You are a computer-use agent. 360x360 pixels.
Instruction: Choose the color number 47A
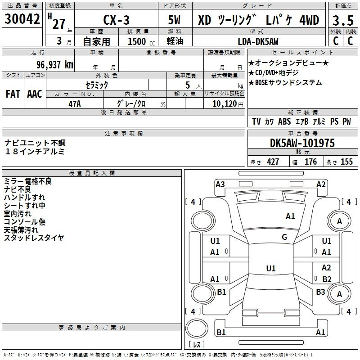click(x=74, y=103)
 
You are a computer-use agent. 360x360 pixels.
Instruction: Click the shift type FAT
click(x=13, y=94)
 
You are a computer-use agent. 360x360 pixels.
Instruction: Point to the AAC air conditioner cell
click(x=34, y=94)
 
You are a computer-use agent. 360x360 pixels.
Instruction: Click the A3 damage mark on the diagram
click(x=220, y=184)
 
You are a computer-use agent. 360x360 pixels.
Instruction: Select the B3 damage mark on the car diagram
click(x=320, y=292)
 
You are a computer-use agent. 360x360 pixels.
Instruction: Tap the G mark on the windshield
click(x=284, y=237)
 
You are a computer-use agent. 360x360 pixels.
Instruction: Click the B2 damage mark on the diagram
click(x=327, y=279)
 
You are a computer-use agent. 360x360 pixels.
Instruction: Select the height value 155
click(x=346, y=162)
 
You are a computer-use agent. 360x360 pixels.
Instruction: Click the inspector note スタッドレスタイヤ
click(x=34, y=238)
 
